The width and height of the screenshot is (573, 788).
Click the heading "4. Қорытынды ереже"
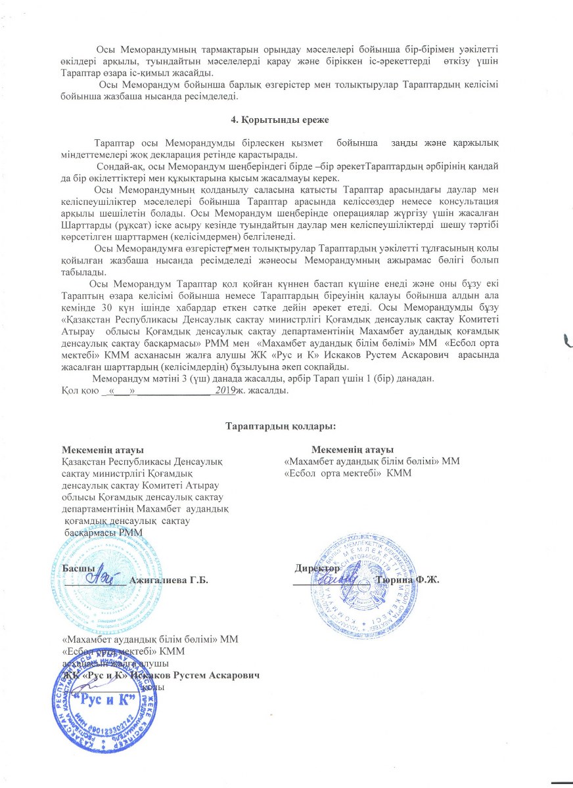coord(286,122)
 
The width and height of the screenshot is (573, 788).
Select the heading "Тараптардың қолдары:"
coord(281,427)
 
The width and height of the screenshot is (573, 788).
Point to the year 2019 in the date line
coord(225,390)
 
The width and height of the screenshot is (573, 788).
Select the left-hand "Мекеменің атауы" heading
coord(103,450)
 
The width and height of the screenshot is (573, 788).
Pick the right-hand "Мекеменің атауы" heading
coord(352,450)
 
